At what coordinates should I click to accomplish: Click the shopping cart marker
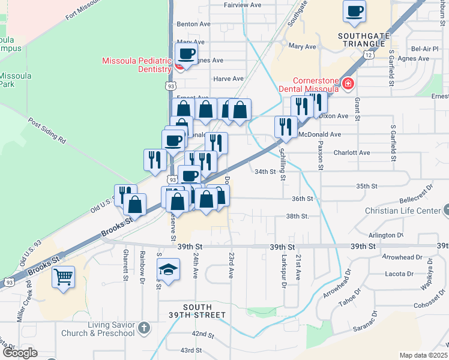[63, 277]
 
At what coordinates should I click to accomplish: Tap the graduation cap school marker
[168, 270]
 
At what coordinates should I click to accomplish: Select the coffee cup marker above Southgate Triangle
[354, 10]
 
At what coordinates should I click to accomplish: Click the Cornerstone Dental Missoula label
[315, 85]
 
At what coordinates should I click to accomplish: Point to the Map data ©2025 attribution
[423, 355]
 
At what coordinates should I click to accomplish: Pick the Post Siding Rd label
[46, 131]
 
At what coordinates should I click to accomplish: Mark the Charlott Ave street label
[352, 152]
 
